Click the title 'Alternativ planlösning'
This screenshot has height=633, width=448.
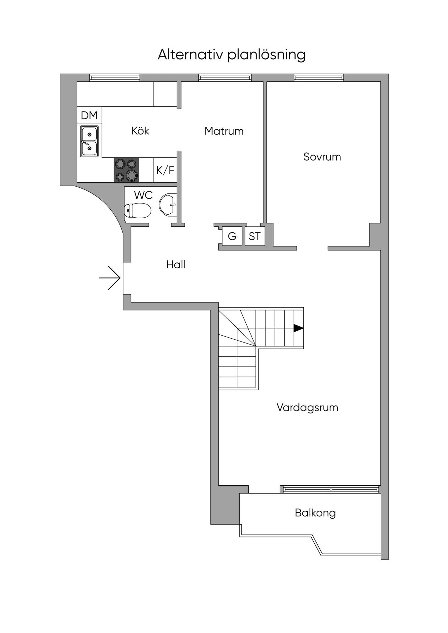(231, 55)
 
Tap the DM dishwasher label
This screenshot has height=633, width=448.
(89, 115)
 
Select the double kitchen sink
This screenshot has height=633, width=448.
(89, 141)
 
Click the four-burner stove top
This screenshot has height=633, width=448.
(126, 170)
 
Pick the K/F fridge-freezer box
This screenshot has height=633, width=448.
(165, 170)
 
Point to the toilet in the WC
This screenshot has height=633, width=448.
(138, 210)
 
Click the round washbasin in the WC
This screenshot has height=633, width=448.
(168, 205)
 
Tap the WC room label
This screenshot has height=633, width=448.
(143, 195)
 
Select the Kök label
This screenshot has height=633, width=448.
(140, 131)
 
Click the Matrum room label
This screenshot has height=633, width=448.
(224, 131)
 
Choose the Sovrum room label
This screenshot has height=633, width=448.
(322, 157)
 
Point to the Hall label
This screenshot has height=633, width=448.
(176, 264)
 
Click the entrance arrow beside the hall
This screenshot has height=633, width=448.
(110, 278)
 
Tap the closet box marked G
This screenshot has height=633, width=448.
(232, 236)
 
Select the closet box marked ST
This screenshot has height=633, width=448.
(255, 236)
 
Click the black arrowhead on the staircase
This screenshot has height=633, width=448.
(298, 328)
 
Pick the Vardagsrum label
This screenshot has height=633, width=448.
(307, 407)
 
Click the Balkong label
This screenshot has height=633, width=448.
(315, 513)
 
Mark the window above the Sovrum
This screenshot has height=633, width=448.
(319, 78)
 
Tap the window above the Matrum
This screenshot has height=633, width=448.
(225, 78)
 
